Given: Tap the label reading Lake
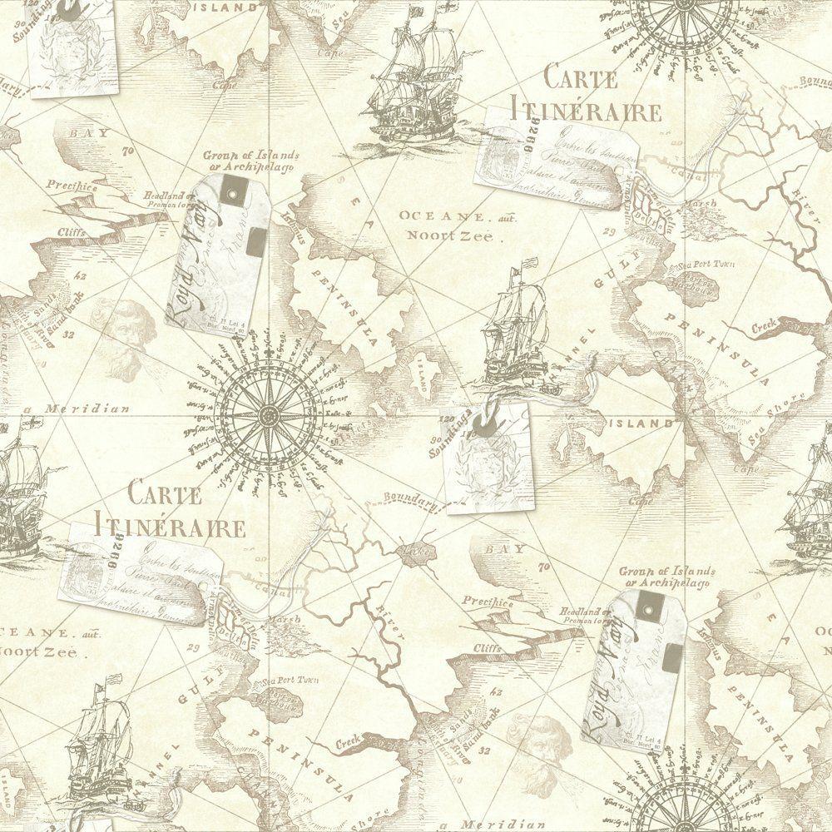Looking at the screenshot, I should click(x=414, y=550).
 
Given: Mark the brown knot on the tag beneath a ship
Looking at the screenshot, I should click(x=482, y=425).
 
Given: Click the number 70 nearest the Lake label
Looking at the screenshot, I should click(x=545, y=568).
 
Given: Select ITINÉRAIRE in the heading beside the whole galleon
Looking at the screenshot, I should click(x=587, y=111).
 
